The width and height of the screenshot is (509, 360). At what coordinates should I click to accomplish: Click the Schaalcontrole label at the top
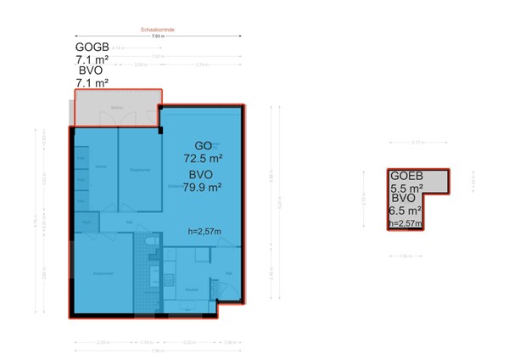158,30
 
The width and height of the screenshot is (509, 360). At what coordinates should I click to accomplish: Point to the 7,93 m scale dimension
158,37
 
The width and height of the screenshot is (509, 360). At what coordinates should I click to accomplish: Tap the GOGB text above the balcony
92,48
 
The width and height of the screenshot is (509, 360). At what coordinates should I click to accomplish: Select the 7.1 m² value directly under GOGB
92,59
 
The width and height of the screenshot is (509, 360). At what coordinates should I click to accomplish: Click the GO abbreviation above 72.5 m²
203,145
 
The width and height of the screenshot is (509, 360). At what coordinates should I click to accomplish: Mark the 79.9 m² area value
202,188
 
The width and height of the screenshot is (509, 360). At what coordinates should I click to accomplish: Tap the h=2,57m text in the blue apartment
204,231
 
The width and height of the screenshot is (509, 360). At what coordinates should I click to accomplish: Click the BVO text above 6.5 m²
403,200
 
